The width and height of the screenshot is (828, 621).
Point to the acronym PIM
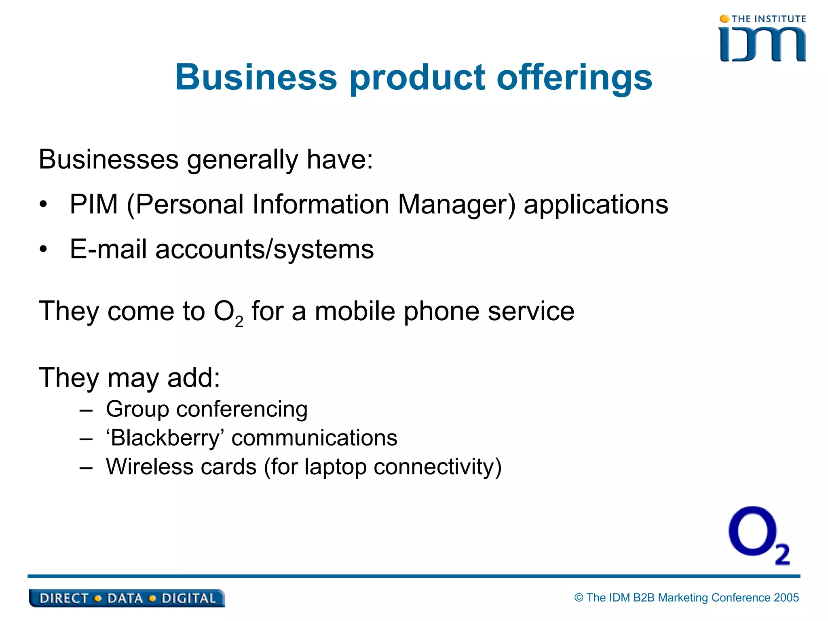tap(94, 204)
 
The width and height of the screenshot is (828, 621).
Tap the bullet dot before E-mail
tap(44, 249)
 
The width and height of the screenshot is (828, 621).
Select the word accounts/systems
tap(265, 249)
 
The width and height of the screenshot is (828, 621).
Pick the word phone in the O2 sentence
tap(441, 312)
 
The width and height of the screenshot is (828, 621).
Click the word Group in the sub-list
tap(137, 409)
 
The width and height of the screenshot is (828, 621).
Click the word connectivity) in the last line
tap(437, 467)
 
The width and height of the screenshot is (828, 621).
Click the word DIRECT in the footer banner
tap(63, 598)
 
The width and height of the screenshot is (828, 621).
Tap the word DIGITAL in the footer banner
tap(188, 598)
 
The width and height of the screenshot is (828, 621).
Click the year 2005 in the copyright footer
tap(786, 598)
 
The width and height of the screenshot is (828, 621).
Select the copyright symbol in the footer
tap(579, 598)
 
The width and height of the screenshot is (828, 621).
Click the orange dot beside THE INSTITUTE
tap(724, 19)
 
